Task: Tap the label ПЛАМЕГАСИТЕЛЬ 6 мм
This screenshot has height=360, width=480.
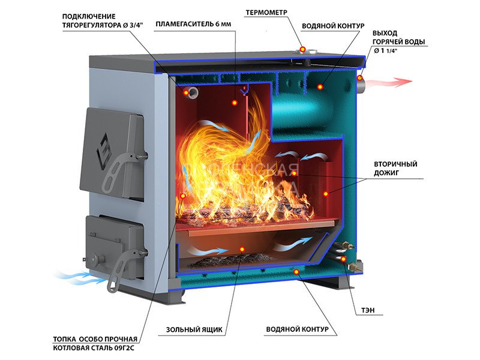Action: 193,25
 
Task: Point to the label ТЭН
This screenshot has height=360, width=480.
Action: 368,311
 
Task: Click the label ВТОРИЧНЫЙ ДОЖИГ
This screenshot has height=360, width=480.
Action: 395,168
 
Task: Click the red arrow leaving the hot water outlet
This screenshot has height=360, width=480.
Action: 390,82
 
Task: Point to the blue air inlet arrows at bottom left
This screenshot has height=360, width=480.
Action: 78,277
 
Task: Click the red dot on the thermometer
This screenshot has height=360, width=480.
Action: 303,49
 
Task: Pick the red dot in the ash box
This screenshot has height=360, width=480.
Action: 242,249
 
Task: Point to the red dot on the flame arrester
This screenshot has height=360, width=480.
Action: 235,103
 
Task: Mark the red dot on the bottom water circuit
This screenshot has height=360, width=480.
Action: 296,272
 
